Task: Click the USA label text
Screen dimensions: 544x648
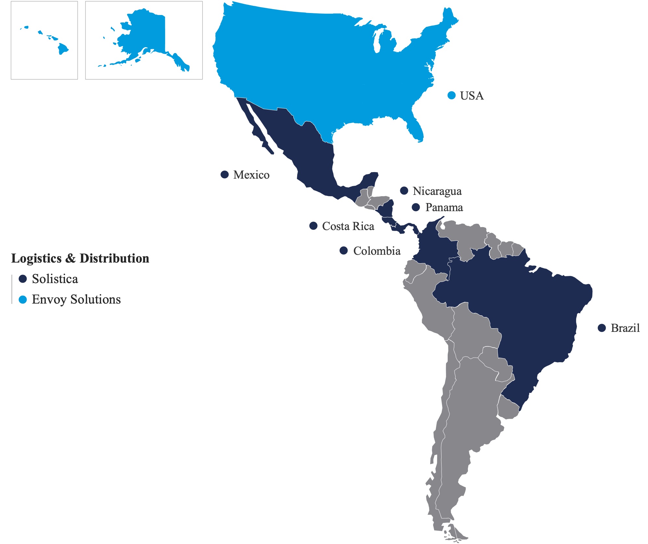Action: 471,96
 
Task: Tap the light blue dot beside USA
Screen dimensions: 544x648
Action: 451,95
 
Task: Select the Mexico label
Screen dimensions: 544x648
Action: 251,175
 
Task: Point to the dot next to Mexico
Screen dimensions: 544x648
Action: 224,174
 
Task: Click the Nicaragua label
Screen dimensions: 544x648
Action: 437,191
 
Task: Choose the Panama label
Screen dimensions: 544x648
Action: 444,208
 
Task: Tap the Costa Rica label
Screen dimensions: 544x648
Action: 348,226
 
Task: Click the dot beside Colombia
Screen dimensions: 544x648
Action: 343,251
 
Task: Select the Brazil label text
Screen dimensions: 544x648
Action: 625,328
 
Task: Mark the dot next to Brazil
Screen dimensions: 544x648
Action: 602,328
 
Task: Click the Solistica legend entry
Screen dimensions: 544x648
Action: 55,279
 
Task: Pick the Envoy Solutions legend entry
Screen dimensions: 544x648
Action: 76,300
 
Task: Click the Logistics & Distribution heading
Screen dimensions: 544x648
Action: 80,258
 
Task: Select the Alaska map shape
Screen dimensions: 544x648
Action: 146,36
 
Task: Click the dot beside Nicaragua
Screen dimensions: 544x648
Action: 404,191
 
